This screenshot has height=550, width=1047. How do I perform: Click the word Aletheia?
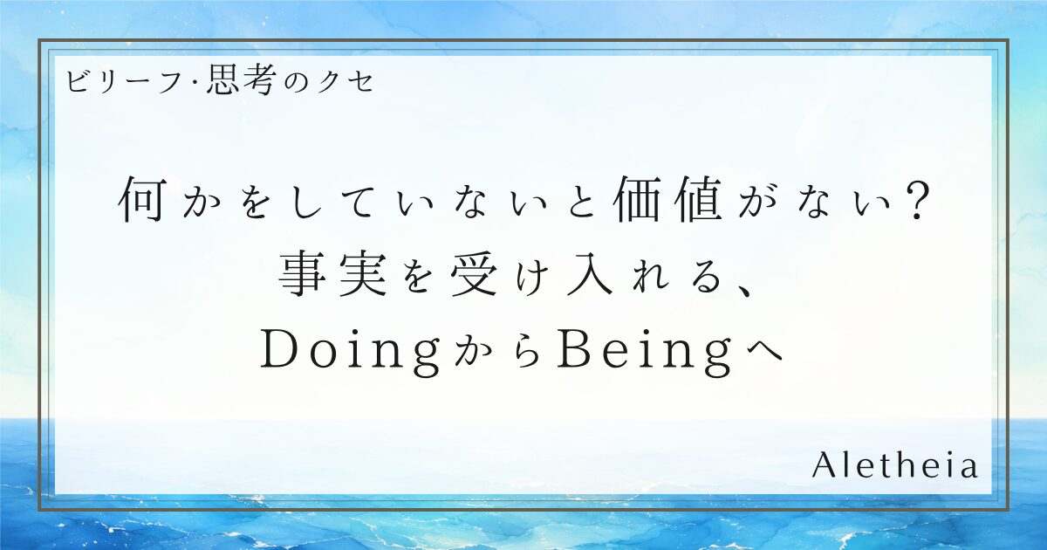click(x=894, y=465)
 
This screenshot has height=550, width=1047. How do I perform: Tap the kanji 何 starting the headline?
click(x=141, y=199)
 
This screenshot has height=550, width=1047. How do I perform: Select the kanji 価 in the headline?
click(x=638, y=199)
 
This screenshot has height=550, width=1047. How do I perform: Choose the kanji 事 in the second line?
click(x=303, y=273)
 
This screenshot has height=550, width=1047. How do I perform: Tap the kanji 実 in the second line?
click(x=363, y=273)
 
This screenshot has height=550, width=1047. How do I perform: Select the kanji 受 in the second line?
click(x=474, y=273)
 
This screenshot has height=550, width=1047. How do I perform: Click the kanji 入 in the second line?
click(x=590, y=274)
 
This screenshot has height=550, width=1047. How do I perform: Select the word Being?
click(x=645, y=353)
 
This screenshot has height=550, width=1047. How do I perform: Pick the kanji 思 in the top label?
click(x=222, y=80)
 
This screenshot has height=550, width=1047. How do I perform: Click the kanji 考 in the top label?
click(x=257, y=80)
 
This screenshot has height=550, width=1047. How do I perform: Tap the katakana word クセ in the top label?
click(x=344, y=81)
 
